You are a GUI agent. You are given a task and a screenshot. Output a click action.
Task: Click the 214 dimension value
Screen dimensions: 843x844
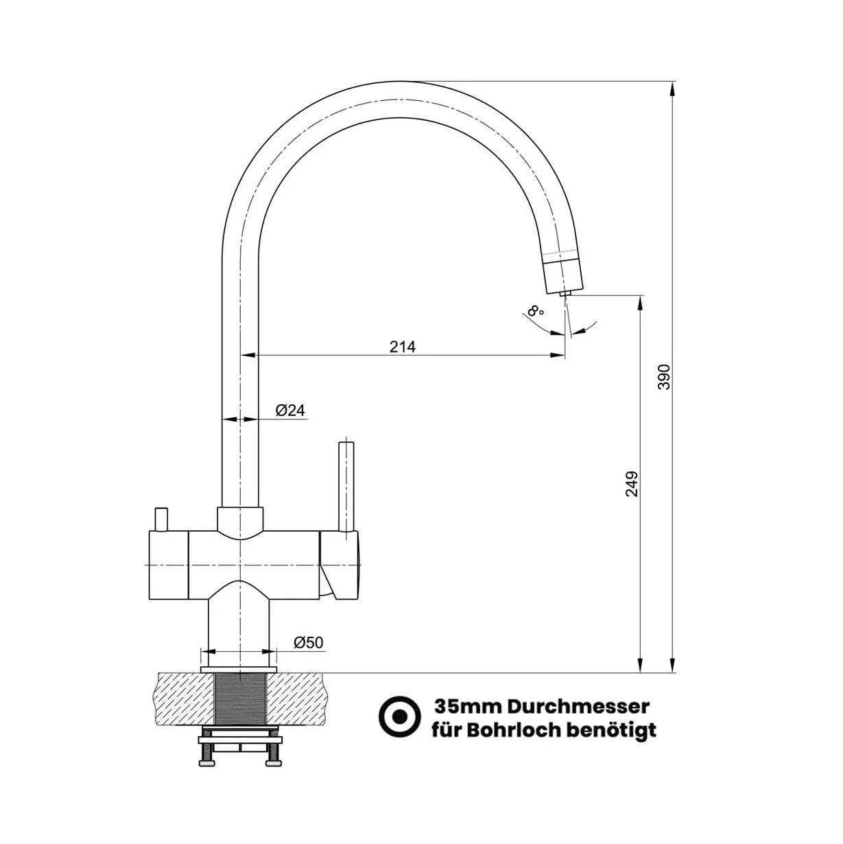point(402,347)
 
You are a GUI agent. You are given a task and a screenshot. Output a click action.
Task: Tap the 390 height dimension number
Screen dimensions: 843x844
point(664,377)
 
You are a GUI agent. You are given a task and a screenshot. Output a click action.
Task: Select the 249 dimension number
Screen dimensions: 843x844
point(632,484)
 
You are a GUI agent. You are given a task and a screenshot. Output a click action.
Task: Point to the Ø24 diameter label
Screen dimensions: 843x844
point(290,410)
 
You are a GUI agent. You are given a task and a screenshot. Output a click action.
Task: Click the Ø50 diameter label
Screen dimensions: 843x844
point(308,642)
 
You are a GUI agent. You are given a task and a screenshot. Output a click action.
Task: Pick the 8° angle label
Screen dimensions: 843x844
point(535,311)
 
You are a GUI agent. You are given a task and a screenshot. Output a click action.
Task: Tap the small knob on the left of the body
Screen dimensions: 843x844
point(161,520)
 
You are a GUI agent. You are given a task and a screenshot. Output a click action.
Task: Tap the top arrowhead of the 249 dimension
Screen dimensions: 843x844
point(641,303)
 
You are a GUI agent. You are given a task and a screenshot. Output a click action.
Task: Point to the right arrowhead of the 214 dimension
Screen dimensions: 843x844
point(557,355)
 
